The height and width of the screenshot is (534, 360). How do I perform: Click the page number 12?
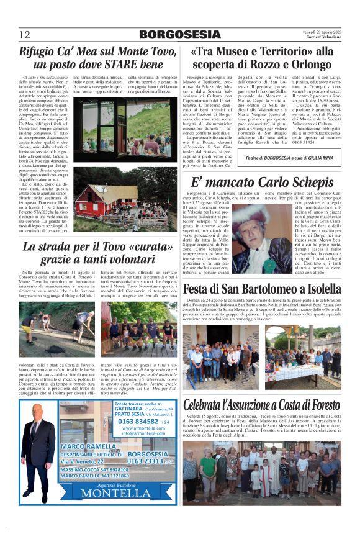(25, 34)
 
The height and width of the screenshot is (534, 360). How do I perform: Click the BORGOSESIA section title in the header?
(180, 35)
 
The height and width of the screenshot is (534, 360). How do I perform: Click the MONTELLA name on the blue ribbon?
(116, 493)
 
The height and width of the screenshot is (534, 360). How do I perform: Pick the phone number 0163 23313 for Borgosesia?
(146, 461)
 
